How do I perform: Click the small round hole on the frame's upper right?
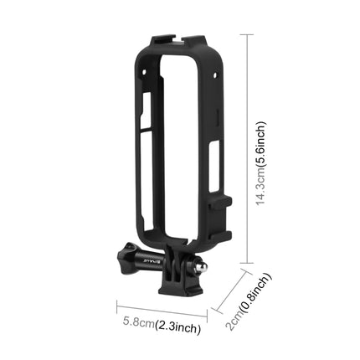(215, 74)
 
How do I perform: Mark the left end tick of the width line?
(116, 309)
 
